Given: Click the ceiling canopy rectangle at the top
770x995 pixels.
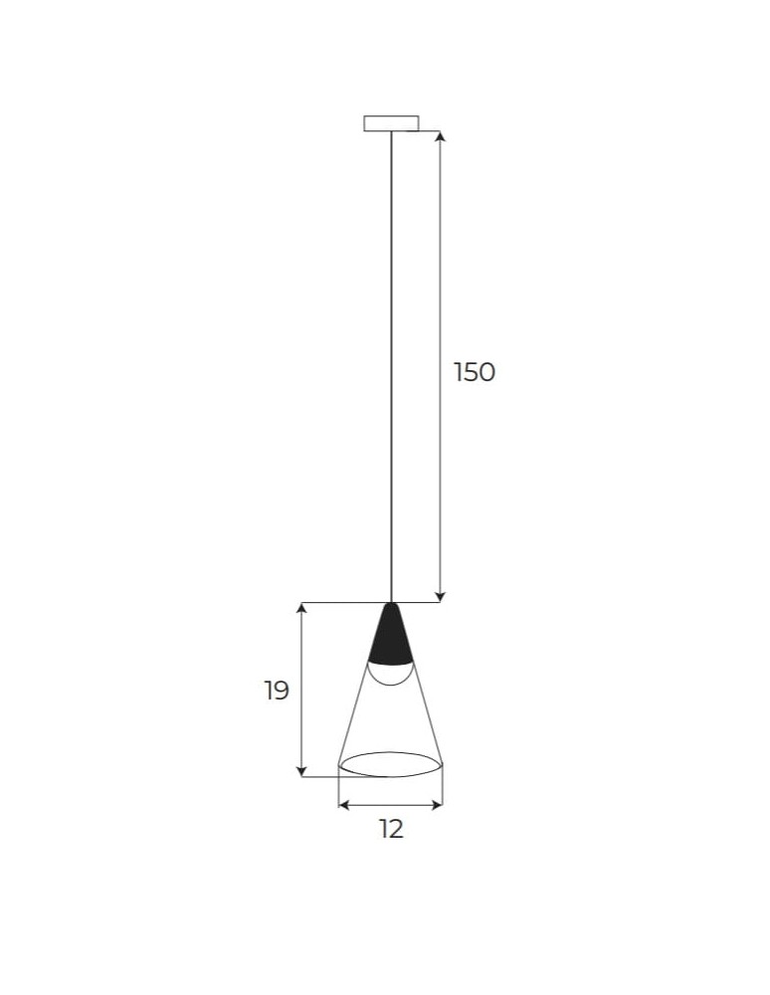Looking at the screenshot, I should click(x=391, y=123).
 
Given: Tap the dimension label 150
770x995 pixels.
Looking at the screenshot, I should click(x=474, y=372).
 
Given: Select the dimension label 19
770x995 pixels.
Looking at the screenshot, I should click(x=277, y=691).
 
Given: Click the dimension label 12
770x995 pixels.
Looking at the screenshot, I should click(x=391, y=829).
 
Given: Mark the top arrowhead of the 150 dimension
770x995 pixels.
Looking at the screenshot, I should click(x=441, y=136).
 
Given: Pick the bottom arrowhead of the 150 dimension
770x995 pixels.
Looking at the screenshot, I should click(x=441, y=596).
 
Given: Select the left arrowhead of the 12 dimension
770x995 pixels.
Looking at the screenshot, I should click(x=344, y=804).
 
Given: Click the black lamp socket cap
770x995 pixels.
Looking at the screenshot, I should click(x=391, y=637).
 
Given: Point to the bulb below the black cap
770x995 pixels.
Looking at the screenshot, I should click(x=391, y=674).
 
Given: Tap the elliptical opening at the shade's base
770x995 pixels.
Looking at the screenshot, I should click(x=391, y=764).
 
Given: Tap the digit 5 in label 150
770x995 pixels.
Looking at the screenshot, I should click(x=473, y=372).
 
